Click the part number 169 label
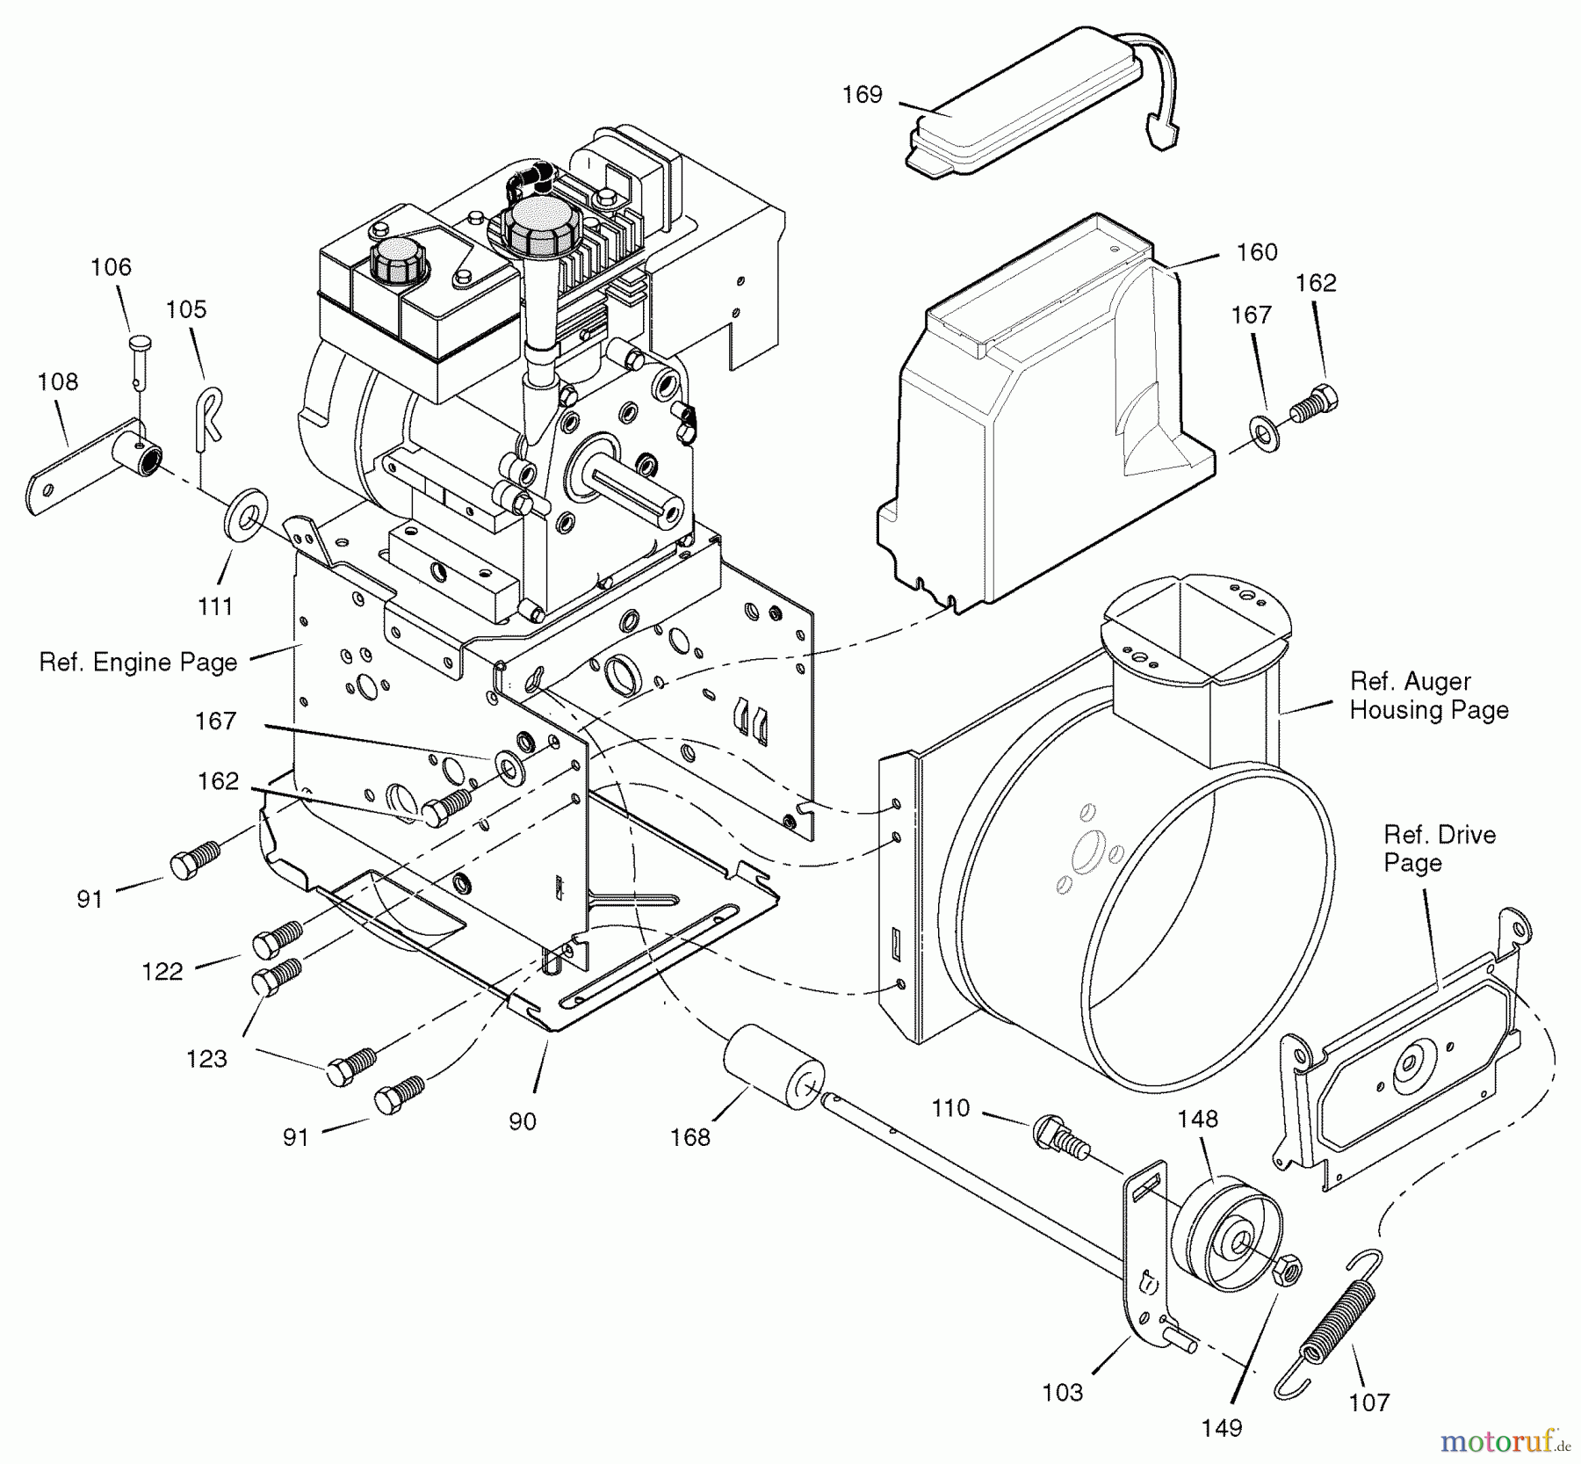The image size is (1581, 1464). point(862,95)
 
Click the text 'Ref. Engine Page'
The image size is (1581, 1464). point(139,662)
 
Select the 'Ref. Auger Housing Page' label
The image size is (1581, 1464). point(1429,695)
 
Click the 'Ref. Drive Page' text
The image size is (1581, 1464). point(1440,848)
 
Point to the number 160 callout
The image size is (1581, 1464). point(1257,252)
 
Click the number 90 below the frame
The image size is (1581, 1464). point(522,1121)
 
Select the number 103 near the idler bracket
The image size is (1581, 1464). point(1063,1392)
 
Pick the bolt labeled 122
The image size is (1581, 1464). point(277,937)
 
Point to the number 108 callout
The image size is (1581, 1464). point(58,381)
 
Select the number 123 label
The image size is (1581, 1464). point(206,1058)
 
